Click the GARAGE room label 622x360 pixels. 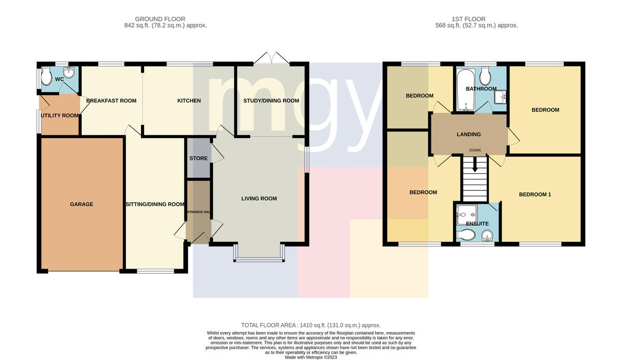pyautogui.click(x=81, y=204)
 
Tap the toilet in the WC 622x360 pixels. pyautogui.click(x=46, y=76)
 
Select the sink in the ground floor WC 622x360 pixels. pyautogui.click(x=68, y=72)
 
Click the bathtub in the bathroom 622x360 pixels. pyautogui.click(x=465, y=90)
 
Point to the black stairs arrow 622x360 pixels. pyautogui.click(x=475, y=164)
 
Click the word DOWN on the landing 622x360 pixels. pyautogui.click(x=475, y=150)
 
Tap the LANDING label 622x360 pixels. pyautogui.click(x=469, y=134)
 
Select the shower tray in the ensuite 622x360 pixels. pyautogui.click(x=467, y=215)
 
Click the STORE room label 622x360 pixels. pyautogui.click(x=198, y=158)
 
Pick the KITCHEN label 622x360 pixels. pyautogui.click(x=189, y=101)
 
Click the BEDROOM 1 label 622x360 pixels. pyautogui.click(x=535, y=195)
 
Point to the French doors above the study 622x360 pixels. pyautogui.click(x=272, y=58)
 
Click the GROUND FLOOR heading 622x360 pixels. pyautogui.click(x=160, y=19)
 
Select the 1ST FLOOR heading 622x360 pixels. pyautogui.click(x=469, y=19)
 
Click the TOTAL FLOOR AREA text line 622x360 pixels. pyautogui.click(x=310, y=325)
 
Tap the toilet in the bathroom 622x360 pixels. pyautogui.click(x=485, y=76)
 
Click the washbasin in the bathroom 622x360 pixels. pyautogui.click(x=500, y=96)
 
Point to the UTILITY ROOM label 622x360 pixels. pyautogui.click(x=60, y=115)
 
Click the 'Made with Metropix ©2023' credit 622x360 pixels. pyautogui.click(x=310, y=357)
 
